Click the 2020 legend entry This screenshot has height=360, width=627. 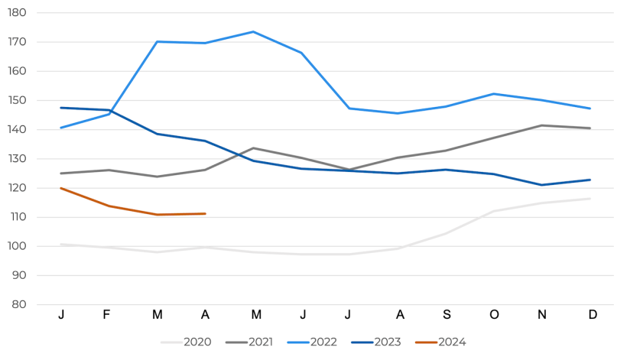(x=187, y=342)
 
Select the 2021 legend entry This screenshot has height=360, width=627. (x=250, y=342)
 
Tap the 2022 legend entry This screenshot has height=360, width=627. (x=313, y=342)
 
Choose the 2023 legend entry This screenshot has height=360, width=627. (x=377, y=342)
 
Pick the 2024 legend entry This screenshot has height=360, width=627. (x=440, y=342)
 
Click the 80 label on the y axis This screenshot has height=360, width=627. (x=19, y=305)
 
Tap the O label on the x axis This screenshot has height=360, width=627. (x=494, y=315)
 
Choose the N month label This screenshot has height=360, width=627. (x=542, y=315)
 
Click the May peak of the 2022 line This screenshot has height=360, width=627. (x=253, y=32)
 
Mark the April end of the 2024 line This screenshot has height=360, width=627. (x=205, y=213)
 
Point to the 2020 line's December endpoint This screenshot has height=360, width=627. (x=590, y=199)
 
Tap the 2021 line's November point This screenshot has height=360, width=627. (x=542, y=125)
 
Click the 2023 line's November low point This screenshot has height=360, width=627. (x=542, y=185)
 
